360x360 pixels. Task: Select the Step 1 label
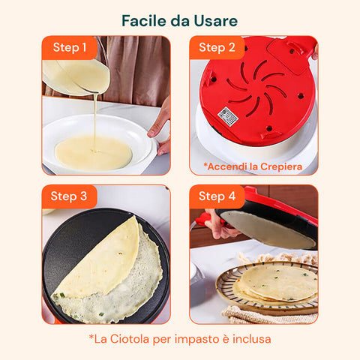coord(70,47)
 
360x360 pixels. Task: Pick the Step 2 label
coord(217,47)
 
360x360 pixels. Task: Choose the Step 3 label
coord(69,196)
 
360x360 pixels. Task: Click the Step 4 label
coord(217,196)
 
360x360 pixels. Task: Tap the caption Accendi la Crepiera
coord(253,166)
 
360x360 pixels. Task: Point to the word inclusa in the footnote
coord(252,339)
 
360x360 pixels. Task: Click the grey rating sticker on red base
coord(227,115)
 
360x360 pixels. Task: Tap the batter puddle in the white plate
coord(93,152)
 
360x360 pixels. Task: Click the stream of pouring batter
coord(95,121)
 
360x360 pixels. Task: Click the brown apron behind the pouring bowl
coord(135,69)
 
